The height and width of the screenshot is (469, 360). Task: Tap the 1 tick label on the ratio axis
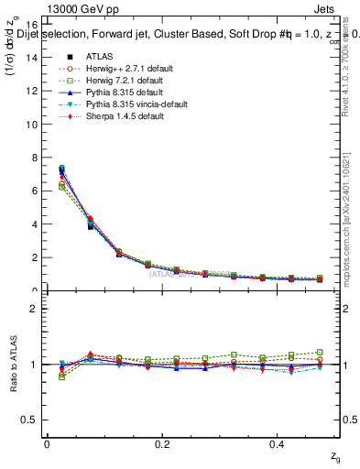(35, 365)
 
